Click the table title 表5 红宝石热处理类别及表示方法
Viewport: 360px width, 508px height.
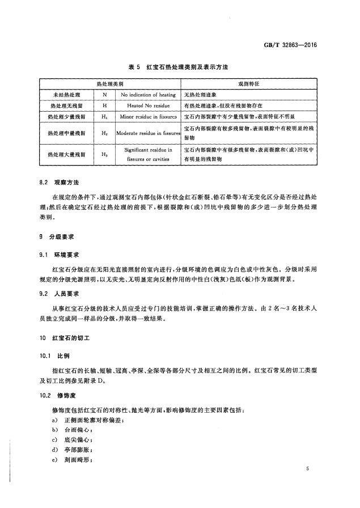click(x=179, y=67)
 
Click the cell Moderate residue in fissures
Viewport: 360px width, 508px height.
click(x=147, y=133)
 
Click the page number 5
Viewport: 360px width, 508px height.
click(x=306, y=469)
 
